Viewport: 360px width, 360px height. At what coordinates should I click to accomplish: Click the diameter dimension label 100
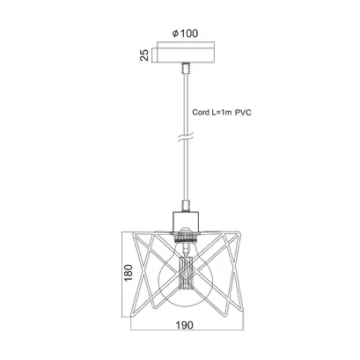(x=189, y=33)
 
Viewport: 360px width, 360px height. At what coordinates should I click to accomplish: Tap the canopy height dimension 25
(x=144, y=55)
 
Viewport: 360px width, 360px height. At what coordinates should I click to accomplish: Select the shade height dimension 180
(x=129, y=273)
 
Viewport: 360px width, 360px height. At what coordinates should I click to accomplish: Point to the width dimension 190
(x=185, y=325)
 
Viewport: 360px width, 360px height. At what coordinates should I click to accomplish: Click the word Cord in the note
(x=201, y=113)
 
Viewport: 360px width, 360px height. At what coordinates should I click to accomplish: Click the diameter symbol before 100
(x=175, y=33)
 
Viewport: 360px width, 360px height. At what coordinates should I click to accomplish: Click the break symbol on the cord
(x=186, y=137)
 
